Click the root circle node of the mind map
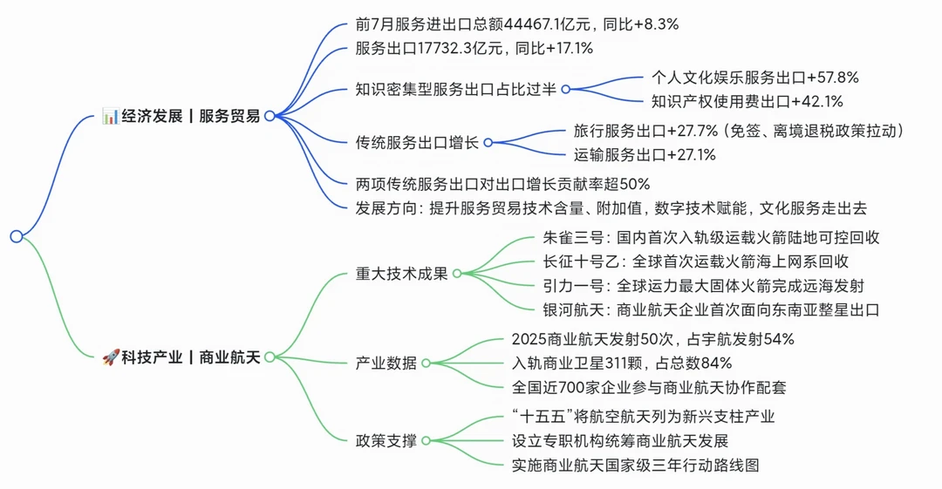[x=17, y=236]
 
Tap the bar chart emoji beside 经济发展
[x=110, y=116]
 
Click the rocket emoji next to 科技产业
[x=111, y=357]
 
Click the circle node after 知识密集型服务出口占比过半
[x=565, y=90]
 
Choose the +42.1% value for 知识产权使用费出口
[x=817, y=101]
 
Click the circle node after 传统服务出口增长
[x=488, y=142]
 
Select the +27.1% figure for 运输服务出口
[x=691, y=155]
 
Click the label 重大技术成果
[x=402, y=274]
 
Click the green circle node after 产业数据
[x=426, y=363]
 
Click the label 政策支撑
[x=386, y=441]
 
